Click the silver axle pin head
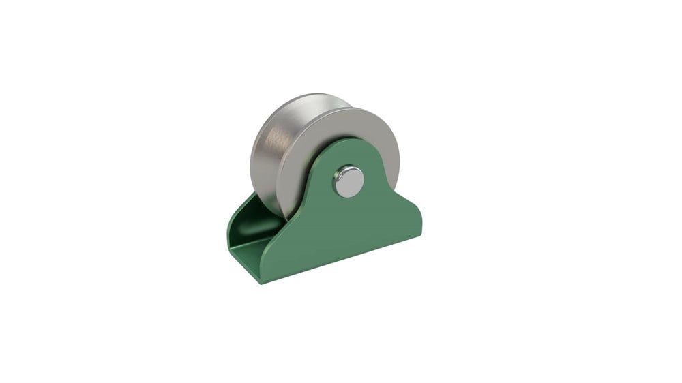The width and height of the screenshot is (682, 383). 349,181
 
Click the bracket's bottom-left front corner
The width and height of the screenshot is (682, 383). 262,281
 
